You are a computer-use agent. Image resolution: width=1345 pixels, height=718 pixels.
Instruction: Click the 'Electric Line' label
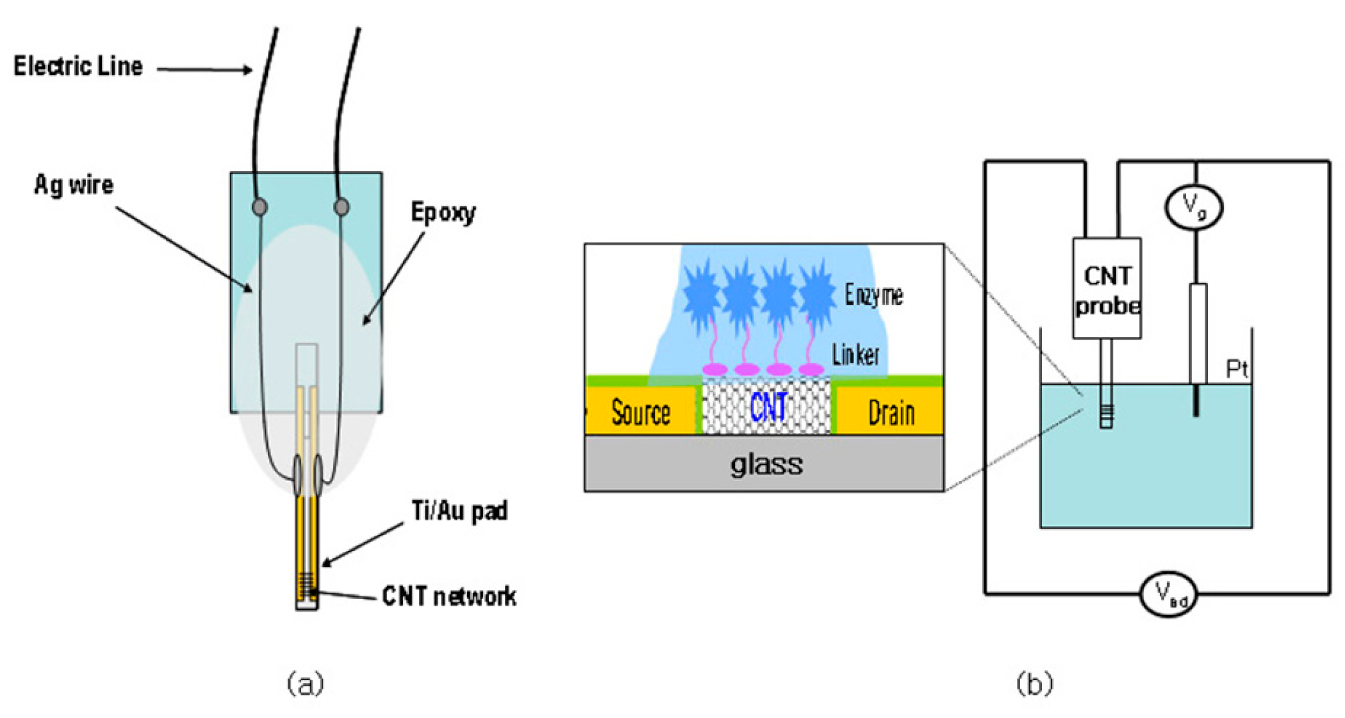coord(78,66)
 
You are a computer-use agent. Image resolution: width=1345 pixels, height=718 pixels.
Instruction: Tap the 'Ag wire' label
coord(74,185)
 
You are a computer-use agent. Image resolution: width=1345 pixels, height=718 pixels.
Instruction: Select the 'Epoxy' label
coord(443,213)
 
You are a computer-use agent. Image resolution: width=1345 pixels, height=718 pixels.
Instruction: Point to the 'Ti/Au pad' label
coord(459,511)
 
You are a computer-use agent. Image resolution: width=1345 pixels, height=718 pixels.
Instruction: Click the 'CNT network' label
coord(449,596)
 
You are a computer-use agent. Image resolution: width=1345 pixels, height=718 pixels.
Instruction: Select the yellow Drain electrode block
coord(891,412)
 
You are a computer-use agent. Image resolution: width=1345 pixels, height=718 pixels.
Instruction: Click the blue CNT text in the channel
coord(768,407)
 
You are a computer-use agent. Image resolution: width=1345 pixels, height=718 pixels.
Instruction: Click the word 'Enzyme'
coord(873,295)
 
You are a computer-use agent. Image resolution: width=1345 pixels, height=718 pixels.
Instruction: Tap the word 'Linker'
coord(855,354)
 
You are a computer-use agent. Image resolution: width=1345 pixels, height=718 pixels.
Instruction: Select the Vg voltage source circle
coord(1193,206)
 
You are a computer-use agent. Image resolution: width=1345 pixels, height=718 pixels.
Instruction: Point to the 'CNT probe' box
coord(1107,289)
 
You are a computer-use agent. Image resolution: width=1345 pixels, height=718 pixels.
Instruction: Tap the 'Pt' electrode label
coord(1237,369)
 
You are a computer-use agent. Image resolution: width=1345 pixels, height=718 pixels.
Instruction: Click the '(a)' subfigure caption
coord(305,683)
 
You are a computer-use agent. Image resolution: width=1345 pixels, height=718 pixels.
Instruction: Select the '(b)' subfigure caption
coord(1034,683)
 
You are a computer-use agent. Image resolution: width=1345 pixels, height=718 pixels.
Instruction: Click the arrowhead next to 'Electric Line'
coord(247,70)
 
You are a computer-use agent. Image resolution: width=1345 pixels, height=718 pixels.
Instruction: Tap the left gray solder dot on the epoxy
coord(260,207)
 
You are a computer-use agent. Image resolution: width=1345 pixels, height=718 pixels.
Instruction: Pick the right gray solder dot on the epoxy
coord(342,207)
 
